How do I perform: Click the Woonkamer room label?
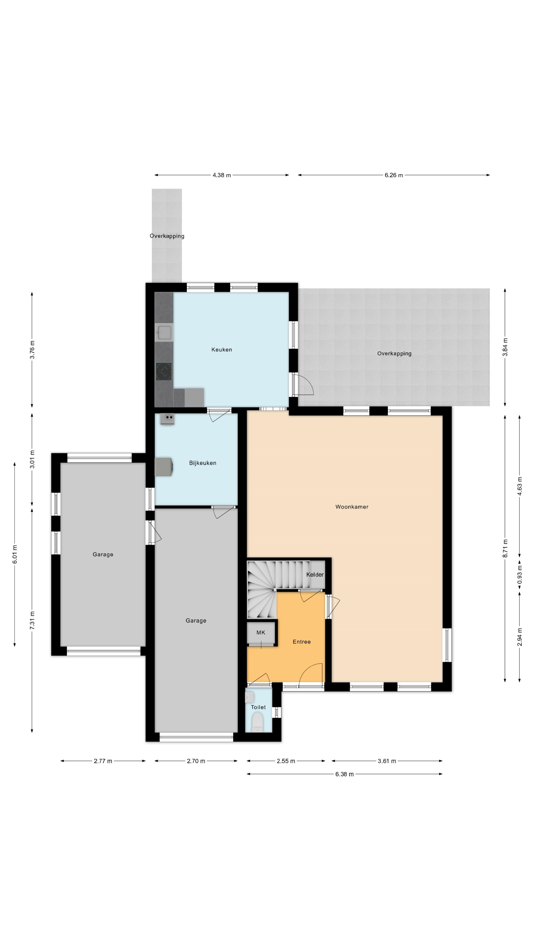352,507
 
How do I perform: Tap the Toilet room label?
258,707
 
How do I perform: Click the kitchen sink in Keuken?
164,332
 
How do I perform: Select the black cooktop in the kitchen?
164,371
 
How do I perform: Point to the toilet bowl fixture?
257,722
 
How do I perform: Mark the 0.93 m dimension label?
520,577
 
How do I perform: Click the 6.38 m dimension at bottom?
344,774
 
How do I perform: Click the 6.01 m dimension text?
15,554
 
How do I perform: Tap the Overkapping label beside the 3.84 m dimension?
394,354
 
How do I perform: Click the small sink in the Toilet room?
249,697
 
